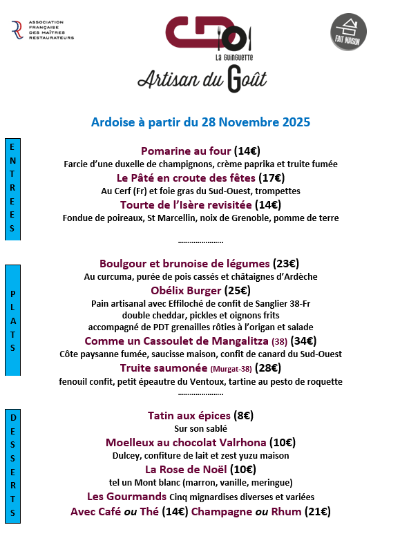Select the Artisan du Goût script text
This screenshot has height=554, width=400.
(202, 79)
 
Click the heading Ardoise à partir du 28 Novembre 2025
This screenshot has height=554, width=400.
(200, 122)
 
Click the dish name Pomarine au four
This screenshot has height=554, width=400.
(186, 151)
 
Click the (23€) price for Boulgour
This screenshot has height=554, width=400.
(286, 263)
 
